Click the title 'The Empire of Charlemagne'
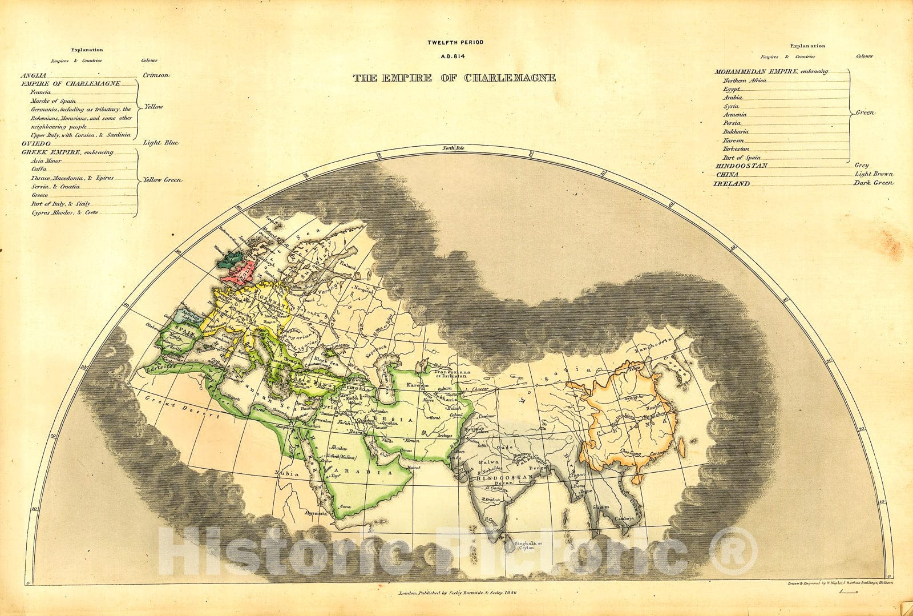(x=454, y=78)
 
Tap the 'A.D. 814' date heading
(x=454, y=56)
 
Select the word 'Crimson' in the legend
(x=155, y=75)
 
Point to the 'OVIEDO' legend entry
(x=33, y=143)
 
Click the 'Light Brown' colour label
(x=873, y=174)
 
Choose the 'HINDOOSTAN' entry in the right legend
(x=741, y=166)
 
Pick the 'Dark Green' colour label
(x=873, y=183)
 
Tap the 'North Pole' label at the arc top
(x=459, y=148)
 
